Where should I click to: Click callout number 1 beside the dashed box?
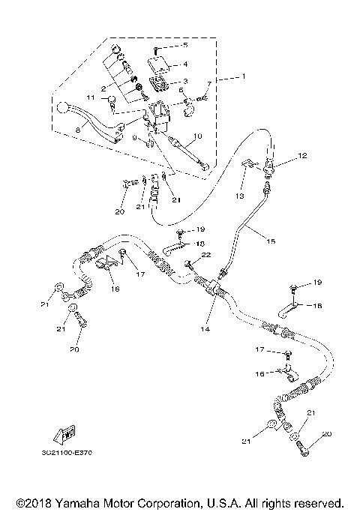click(242, 78)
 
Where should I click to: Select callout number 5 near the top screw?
click(185, 46)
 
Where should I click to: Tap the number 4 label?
click(185, 64)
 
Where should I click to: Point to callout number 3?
click(185, 81)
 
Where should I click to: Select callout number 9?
click(135, 139)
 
